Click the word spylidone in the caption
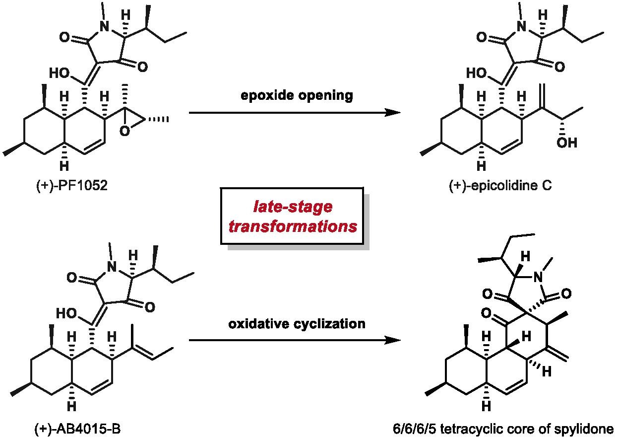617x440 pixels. [x=590, y=429]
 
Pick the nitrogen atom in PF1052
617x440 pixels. [x=105, y=29]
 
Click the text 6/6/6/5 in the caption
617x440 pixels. [x=410, y=429]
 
